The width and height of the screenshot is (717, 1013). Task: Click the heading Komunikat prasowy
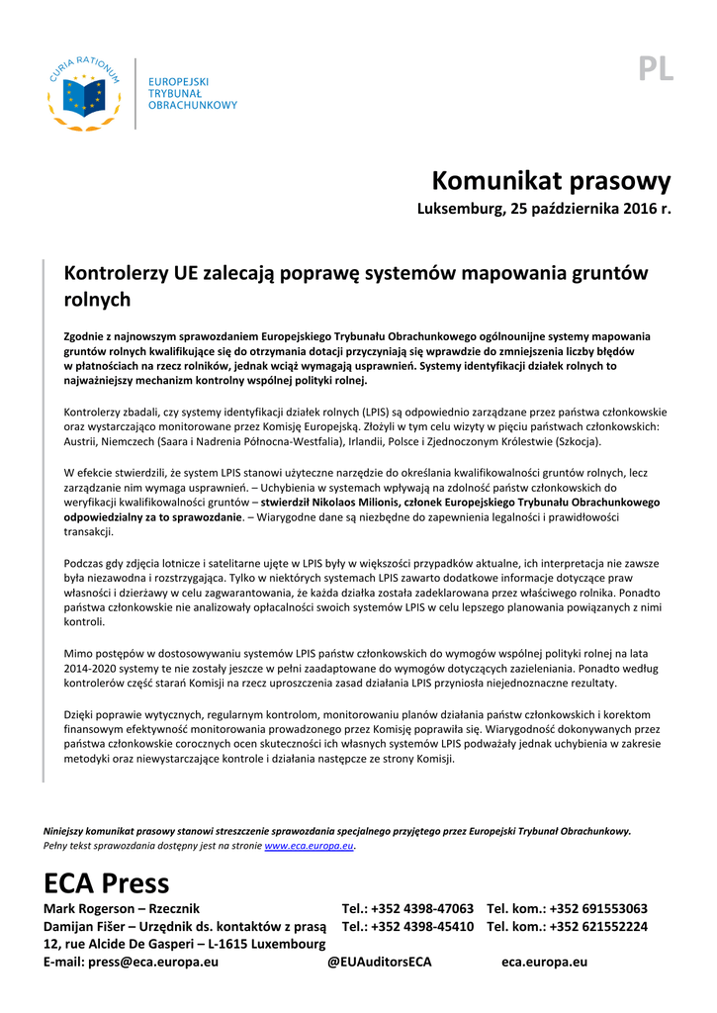(551, 181)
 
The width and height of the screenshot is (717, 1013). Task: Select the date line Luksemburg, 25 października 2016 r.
(544, 210)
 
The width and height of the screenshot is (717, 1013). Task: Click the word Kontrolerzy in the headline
(116, 273)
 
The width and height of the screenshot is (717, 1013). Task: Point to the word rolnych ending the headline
(97, 299)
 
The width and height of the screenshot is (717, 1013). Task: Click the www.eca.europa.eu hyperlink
(310, 847)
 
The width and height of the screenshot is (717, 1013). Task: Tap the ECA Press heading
(107, 882)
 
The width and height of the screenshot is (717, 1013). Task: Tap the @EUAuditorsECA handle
(379, 962)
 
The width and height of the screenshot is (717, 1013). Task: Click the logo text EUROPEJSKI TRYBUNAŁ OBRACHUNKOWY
(192, 93)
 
